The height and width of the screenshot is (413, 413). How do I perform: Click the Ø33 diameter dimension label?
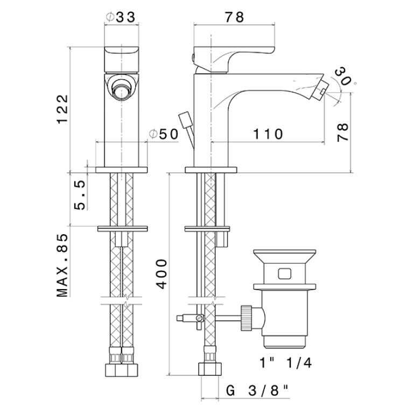coord(121,17)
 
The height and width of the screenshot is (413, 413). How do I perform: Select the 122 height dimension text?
coord(62,109)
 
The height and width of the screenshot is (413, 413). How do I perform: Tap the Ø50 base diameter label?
coord(164,134)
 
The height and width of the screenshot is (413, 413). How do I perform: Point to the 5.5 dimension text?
coord(80,195)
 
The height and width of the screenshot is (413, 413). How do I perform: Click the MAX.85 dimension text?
coord(62,265)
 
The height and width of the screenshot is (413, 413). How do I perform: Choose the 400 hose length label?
coord(160,274)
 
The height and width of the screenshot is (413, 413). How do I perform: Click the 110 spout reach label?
coord(268,134)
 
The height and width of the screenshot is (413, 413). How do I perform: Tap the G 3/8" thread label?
coord(257,391)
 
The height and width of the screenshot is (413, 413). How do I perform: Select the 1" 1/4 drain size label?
coord(285,363)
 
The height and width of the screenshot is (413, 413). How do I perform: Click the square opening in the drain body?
coord(284,274)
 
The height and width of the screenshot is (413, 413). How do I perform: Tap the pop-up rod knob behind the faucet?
coord(184,117)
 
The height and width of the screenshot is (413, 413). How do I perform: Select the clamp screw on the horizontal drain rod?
coord(200,318)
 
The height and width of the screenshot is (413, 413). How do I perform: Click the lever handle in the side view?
coord(234,59)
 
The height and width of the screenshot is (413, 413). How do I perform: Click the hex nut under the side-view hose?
coord(209,369)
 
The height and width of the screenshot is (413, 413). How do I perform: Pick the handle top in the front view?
coord(122,59)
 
